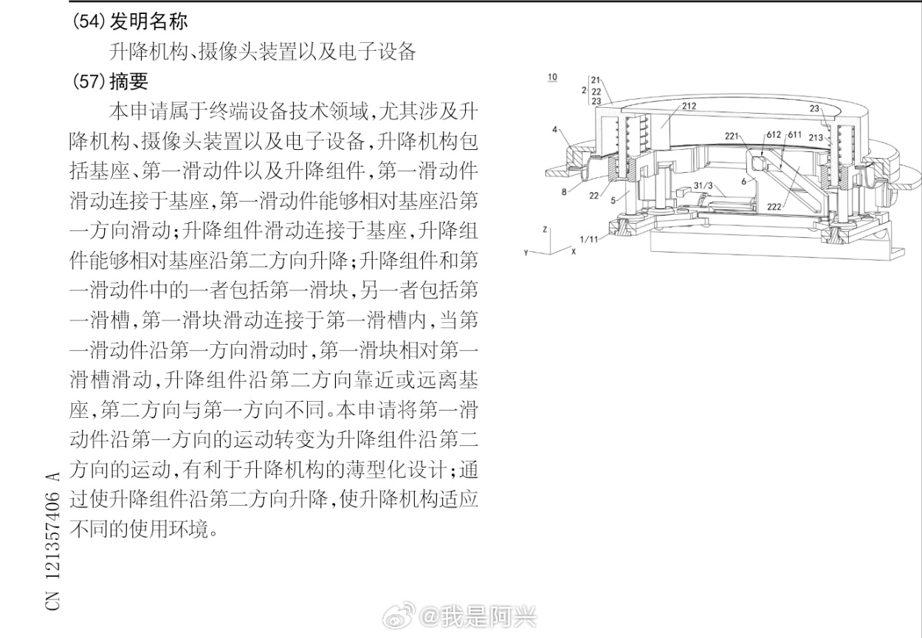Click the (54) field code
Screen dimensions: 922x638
click(89, 21)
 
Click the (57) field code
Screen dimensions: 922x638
click(89, 81)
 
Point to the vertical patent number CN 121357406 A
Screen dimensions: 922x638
click(52, 540)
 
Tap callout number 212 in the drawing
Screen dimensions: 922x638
click(688, 106)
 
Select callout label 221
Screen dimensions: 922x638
click(731, 135)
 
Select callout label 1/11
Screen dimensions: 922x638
click(590, 239)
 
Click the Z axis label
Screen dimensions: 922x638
click(545, 229)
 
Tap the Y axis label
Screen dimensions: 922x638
click(525, 253)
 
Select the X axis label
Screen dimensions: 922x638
click(574, 251)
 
